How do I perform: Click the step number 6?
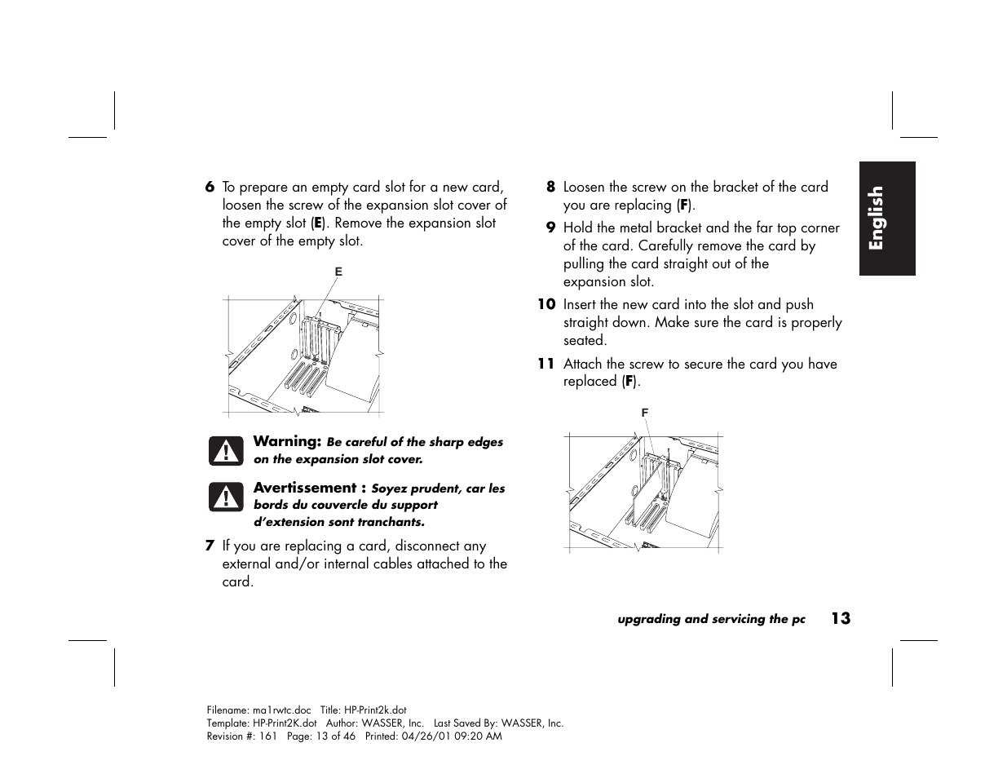click(210, 188)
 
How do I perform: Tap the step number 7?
click(210, 546)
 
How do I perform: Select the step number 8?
click(550, 188)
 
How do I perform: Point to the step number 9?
click(550, 228)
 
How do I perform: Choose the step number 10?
click(547, 304)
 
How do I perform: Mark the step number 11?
click(546, 364)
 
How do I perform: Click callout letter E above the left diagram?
click(338, 272)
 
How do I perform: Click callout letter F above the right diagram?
click(645, 413)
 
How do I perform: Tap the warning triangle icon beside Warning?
click(226, 451)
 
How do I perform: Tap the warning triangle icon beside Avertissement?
click(226, 497)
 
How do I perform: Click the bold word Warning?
click(287, 441)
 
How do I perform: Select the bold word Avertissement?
click(305, 488)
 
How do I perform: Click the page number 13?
click(841, 619)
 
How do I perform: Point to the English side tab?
click(887, 219)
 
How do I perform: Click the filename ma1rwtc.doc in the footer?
click(282, 710)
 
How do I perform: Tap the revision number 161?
click(267, 736)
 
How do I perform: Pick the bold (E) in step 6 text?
click(317, 223)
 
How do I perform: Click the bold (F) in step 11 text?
click(629, 382)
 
